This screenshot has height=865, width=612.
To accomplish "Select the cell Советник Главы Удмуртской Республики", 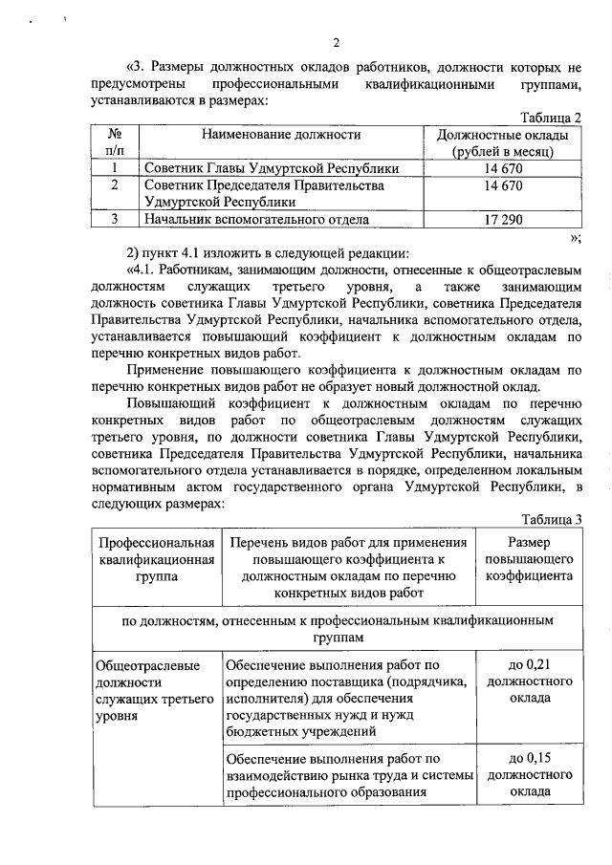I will point(271,168).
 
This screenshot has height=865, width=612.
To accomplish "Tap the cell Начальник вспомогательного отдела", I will point(256,220).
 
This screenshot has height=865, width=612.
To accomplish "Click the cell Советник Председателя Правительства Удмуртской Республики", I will point(263,194).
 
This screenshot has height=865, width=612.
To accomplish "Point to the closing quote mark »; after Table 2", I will point(574,238).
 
